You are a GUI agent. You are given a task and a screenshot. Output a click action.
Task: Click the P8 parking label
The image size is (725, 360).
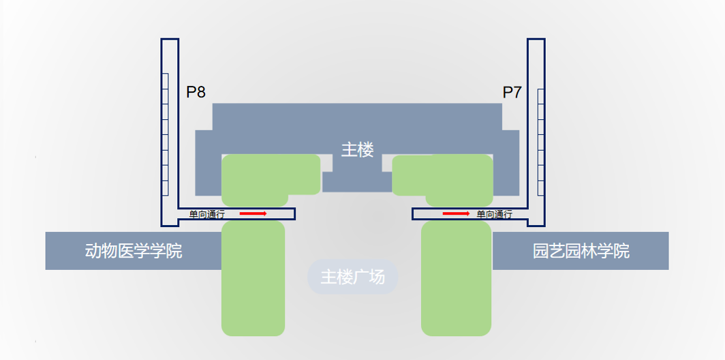[196, 93]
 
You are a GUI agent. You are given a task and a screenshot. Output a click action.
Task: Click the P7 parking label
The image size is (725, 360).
[512, 93]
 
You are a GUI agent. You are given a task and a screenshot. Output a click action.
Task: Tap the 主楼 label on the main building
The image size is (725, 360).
[358, 150]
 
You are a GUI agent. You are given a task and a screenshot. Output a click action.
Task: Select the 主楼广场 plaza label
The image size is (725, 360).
[352, 277]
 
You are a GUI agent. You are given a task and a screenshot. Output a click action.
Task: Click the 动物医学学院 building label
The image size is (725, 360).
[134, 251]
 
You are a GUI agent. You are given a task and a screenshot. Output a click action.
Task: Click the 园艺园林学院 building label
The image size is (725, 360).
[581, 251]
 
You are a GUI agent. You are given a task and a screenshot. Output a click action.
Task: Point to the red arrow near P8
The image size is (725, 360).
[253, 214]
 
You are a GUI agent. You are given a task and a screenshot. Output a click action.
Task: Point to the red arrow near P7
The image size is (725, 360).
[456, 214]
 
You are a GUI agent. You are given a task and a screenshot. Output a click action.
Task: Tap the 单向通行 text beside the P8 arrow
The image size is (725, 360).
[207, 214]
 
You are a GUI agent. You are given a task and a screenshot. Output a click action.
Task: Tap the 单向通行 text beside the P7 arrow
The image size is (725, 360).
[495, 214]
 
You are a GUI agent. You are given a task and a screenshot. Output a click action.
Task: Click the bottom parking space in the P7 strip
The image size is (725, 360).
[541, 187]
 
